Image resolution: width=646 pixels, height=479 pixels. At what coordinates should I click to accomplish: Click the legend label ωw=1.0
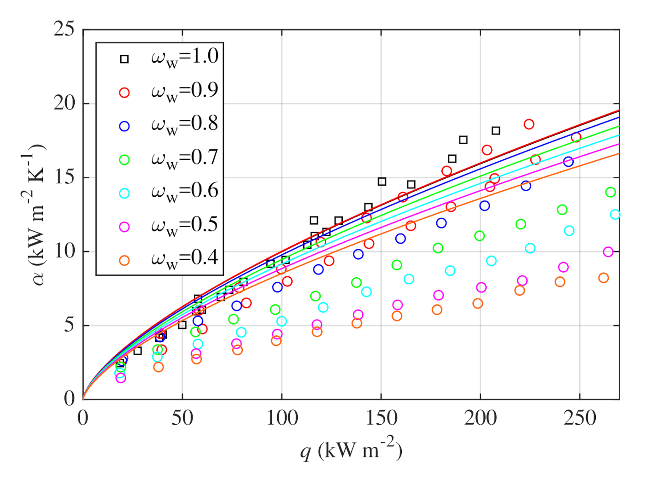pos(184,58)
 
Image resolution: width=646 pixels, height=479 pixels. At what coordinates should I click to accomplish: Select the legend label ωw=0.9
pos(184,91)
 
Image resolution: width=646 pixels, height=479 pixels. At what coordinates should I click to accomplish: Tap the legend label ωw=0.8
pos(184,125)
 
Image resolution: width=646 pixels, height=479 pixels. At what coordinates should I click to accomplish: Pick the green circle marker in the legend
pos(124,160)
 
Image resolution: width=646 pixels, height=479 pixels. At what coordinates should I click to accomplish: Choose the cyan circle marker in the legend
pos(124,193)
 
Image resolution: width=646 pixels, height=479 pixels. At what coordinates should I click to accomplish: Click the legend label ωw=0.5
pos(184,226)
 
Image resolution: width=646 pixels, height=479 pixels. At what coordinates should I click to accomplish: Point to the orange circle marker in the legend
pos(124,261)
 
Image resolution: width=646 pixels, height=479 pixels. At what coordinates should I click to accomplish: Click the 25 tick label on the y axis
pos(64,29)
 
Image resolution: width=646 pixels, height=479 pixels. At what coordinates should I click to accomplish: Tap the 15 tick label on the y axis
pos(64,177)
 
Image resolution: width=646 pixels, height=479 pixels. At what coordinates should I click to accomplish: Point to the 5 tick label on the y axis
pos(69,325)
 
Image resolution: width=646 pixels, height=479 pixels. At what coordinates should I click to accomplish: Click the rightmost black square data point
pos(496,131)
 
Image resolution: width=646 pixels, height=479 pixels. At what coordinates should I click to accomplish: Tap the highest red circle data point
pos(529,124)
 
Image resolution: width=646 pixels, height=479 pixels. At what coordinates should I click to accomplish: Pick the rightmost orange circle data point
pos(604,278)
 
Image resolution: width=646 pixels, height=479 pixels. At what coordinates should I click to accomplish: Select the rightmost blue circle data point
pos(568,162)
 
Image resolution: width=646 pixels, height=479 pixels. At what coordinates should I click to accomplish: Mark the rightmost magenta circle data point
pos(608,252)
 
